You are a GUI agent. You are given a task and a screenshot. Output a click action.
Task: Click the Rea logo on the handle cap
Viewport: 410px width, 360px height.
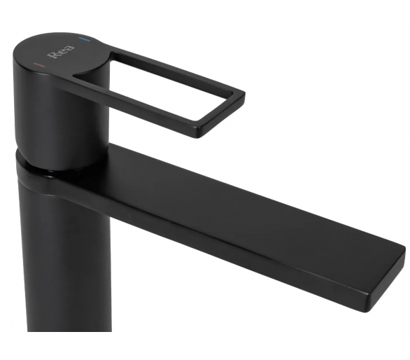pos(61,52)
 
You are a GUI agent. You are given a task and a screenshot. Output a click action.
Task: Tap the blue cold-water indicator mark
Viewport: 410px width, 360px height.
pos(84,39)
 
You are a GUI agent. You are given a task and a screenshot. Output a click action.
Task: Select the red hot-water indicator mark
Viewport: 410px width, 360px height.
pos(39,64)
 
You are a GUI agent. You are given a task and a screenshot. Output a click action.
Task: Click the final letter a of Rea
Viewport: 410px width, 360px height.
pos(70,48)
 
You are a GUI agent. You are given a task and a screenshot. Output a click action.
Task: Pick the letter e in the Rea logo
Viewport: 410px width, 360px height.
pos(63,51)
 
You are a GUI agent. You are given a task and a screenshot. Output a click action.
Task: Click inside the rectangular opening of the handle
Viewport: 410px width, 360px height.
pos(157,86)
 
